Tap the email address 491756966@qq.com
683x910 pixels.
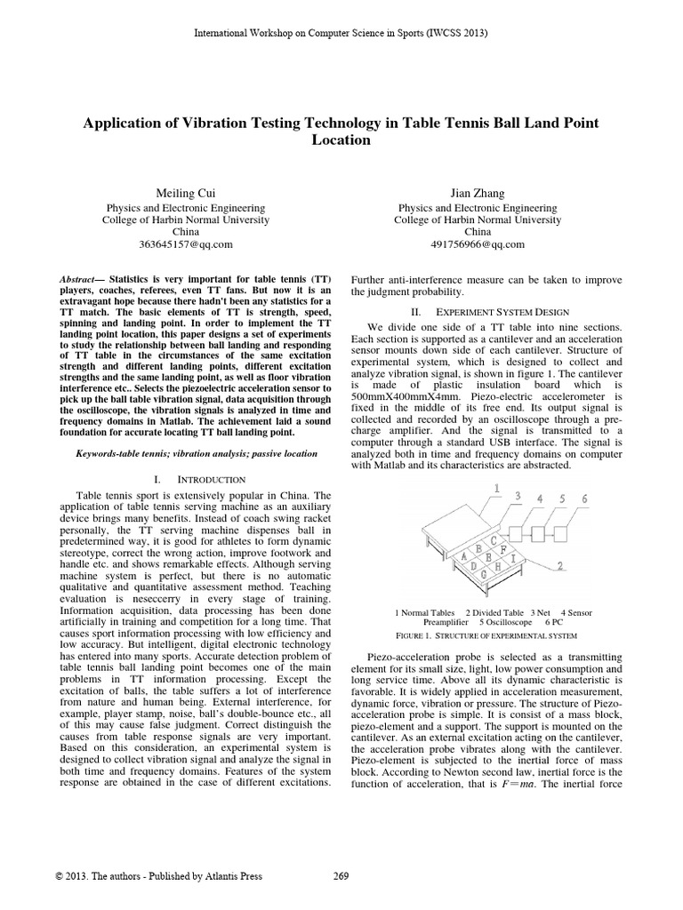click(478, 244)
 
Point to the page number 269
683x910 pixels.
click(341, 876)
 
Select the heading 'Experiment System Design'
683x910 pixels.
click(495, 313)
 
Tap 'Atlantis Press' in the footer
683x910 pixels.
click(225, 876)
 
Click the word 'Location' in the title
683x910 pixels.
click(341, 140)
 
